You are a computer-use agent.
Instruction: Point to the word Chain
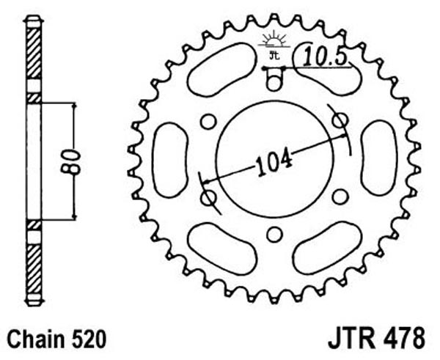36,339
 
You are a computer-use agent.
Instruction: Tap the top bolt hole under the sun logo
274,83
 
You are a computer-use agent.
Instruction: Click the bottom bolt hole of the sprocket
275,235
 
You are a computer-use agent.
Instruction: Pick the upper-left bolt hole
209,122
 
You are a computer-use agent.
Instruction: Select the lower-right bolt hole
340,196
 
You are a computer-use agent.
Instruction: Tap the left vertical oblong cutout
170,160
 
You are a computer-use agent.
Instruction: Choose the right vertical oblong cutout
379,158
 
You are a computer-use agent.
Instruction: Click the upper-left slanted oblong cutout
221,70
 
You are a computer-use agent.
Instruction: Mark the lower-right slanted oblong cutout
327,248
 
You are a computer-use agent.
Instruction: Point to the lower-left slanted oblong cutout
222,249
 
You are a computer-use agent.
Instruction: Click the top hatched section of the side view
34,54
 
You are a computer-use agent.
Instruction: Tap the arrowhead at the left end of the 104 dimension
206,182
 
